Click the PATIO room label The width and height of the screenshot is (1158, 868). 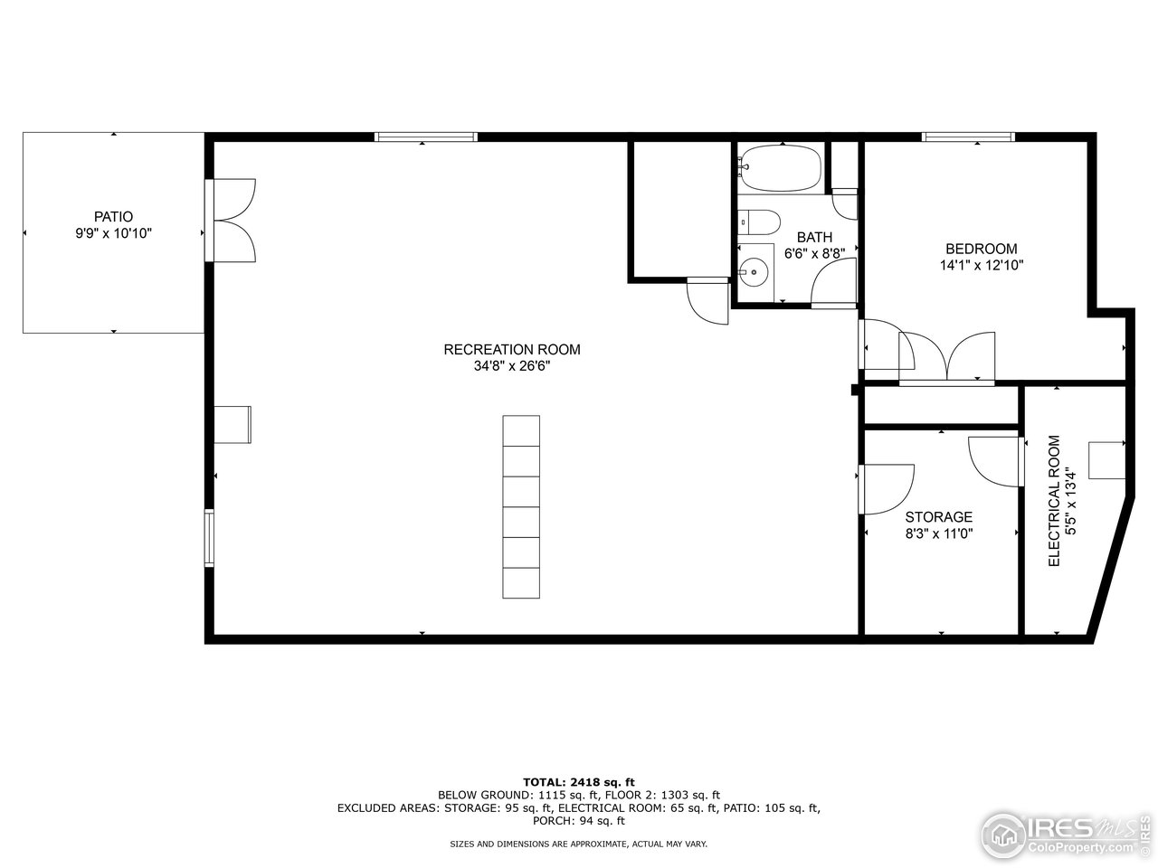click(113, 217)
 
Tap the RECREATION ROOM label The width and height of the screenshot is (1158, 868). click(511, 350)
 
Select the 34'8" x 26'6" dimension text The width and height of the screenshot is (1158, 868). click(511, 366)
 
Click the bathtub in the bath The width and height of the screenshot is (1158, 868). click(779, 168)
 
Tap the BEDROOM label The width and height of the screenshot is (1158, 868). click(981, 249)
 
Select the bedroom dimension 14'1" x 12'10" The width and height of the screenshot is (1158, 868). click(981, 266)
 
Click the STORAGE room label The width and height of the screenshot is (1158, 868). click(938, 517)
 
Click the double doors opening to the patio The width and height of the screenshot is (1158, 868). click(233, 222)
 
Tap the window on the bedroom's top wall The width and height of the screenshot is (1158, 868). click(968, 137)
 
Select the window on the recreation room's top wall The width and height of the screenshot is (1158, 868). click(426, 137)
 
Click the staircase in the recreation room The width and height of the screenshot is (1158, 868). click(521, 506)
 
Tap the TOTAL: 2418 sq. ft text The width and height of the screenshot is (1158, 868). click(579, 781)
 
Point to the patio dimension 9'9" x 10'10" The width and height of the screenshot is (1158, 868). click(113, 233)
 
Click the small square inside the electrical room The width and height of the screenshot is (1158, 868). click(1105, 459)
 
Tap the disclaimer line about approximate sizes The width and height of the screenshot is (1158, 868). click(579, 844)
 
